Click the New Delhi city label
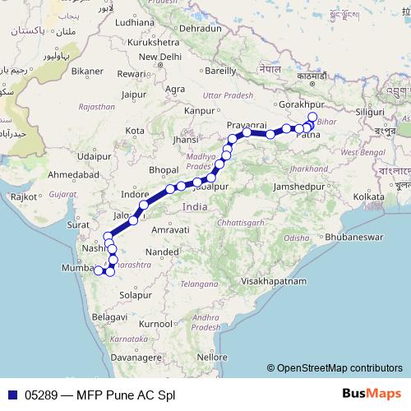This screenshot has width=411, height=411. pyautogui.click(x=159, y=56)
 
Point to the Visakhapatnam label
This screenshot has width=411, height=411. pyautogui.click(x=273, y=281)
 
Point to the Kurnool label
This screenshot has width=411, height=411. pyautogui.click(x=155, y=324)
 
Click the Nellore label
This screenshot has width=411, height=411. pyautogui.click(x=211, y=358)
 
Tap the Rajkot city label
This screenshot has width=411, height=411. pyautogui.click(x=24, y=196)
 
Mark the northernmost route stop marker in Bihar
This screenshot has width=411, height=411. pyautogui.click(x=312, y=116)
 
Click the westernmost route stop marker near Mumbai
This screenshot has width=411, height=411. pyautogui.click(x=98, y=270)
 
